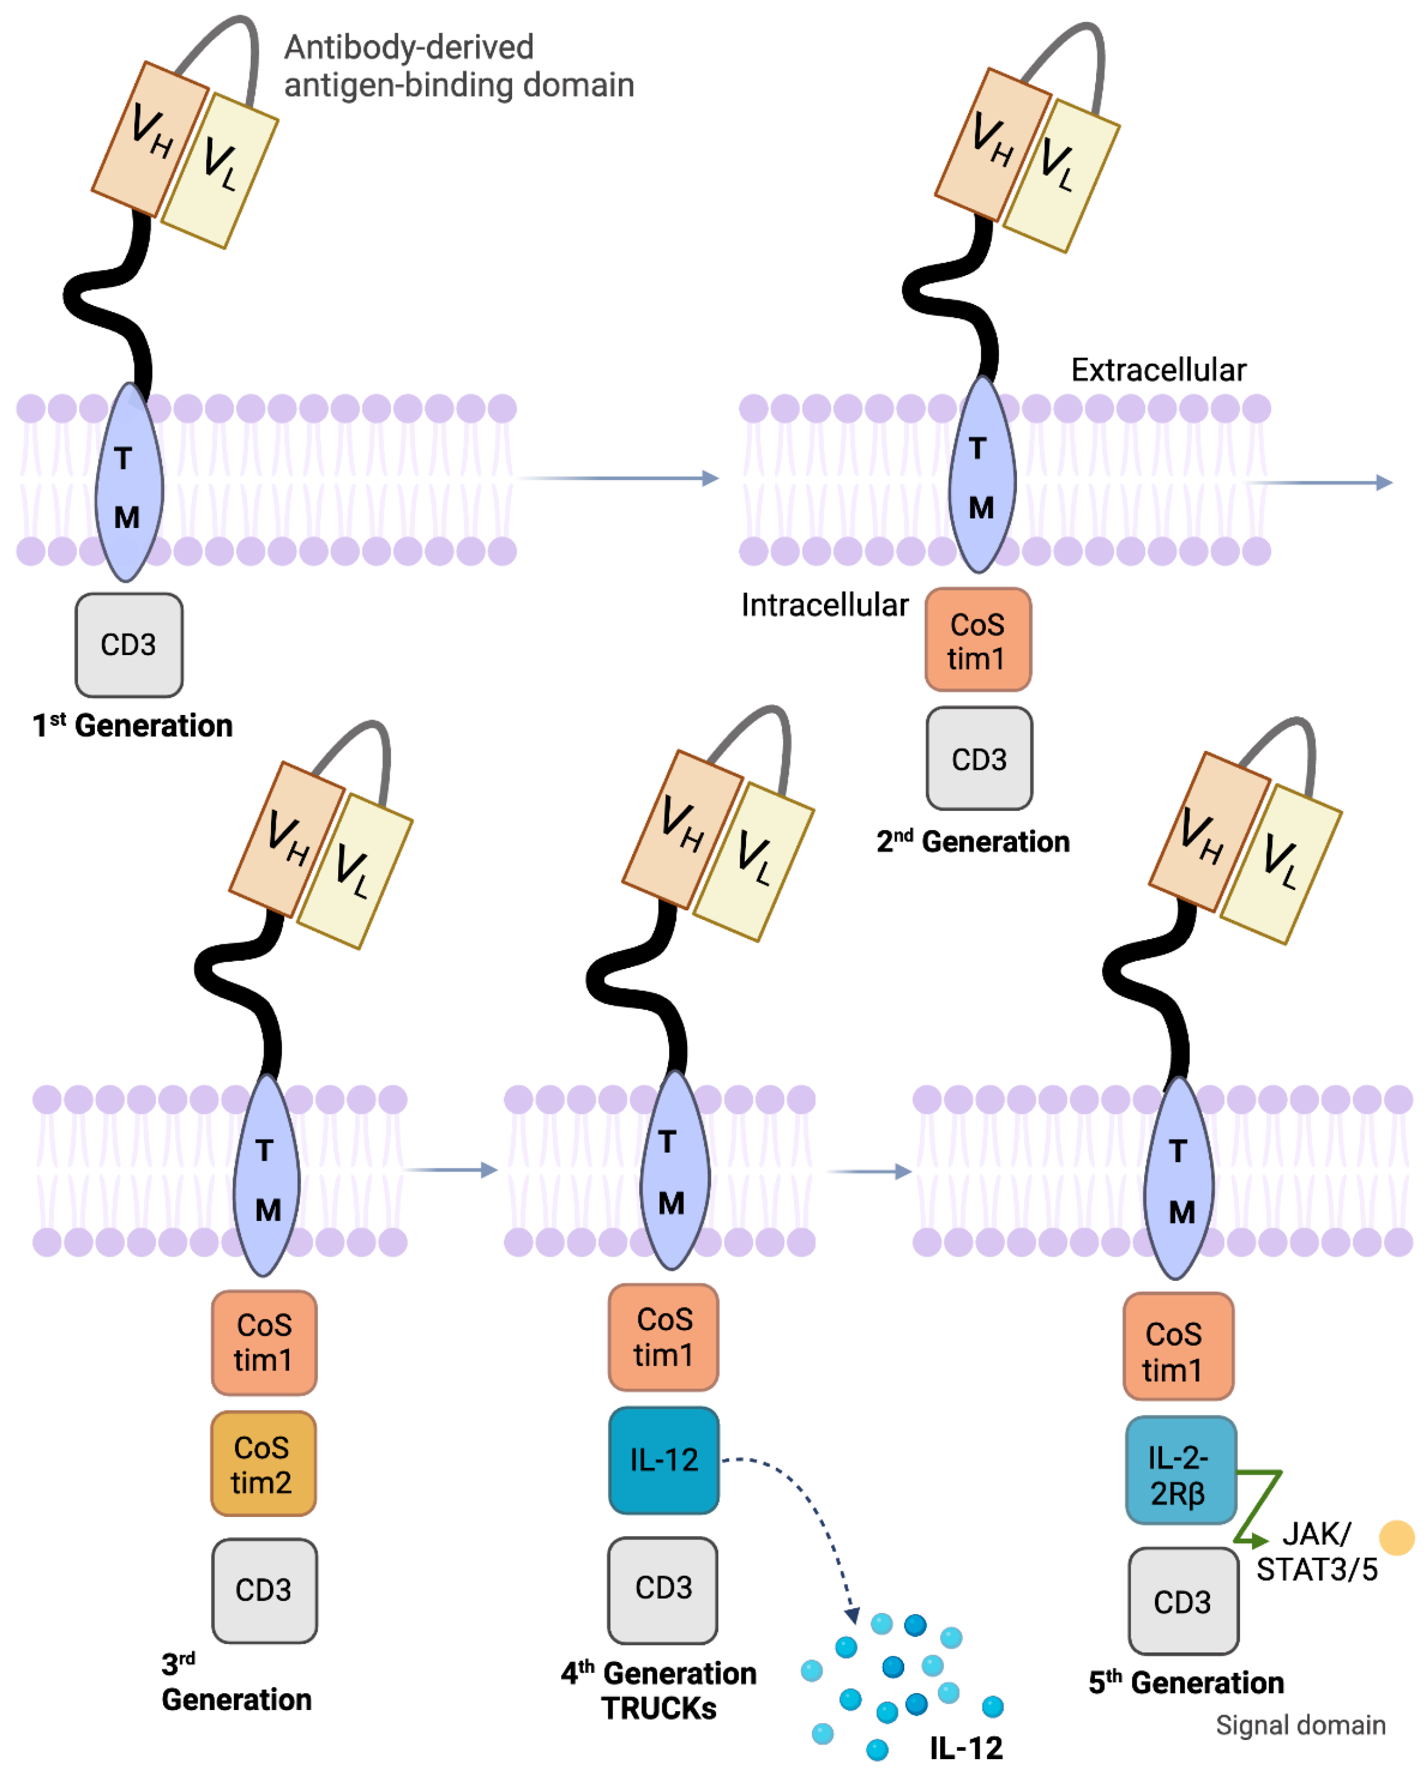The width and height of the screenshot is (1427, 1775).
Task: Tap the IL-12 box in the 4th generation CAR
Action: pos(664,1460)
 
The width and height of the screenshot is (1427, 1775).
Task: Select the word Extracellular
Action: pos(1158,370)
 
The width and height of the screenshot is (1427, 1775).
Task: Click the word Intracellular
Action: pos(824,605)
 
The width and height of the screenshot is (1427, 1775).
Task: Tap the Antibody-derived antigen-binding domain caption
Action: pos(459,66)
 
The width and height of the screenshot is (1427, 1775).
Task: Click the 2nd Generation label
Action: pos(972,841)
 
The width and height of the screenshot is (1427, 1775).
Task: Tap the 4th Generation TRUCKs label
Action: pos(659,1690)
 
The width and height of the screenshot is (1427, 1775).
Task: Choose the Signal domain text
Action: pos(1300,1725)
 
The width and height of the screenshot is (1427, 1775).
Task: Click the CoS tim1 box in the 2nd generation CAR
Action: pos(977,640)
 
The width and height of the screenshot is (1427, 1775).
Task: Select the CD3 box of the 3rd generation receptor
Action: pos(264,1590)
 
